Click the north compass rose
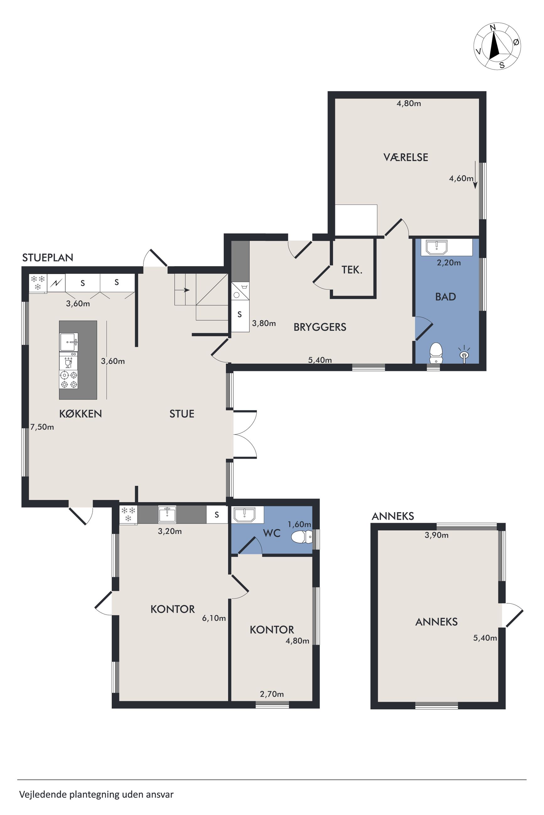click(x=497, y=46)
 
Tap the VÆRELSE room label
click(x=406, y=157)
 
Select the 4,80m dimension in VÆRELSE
click(x=409, y=103)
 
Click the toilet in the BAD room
click(x=436, y=353)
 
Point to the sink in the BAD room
click(x=437, y=247)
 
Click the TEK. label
click(x=352, y=270)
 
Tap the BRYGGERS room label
click(x=320, y=327)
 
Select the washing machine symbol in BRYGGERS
click(x=240, y=291)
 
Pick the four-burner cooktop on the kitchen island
click(x=69, y=379)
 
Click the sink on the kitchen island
click(x=69, y=342)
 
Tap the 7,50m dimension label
click(x=42, y=427)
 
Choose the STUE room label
click(x=182, y=413)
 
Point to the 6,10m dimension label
click(x=214, y=618)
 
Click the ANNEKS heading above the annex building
click(x=393, y=516)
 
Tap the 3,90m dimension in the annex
click(x=436, y=535)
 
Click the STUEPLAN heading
click(x=48, y=258)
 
